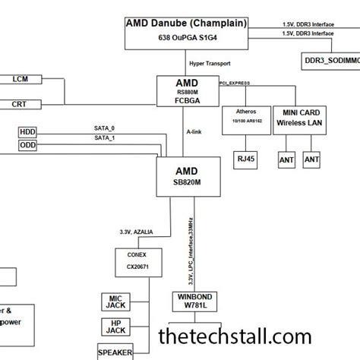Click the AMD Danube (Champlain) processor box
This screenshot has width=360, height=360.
pos(186,33)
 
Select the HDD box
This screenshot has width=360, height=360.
pos(27,132)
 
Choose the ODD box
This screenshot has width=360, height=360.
pos(27,145)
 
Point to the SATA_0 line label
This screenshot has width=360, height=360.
pos(104,128)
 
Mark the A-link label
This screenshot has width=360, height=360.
pos(194,131)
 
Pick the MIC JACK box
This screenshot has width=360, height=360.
pos(116,300)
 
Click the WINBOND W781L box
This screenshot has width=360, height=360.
pos(194,302)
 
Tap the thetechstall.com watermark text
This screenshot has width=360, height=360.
pos(234,336)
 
